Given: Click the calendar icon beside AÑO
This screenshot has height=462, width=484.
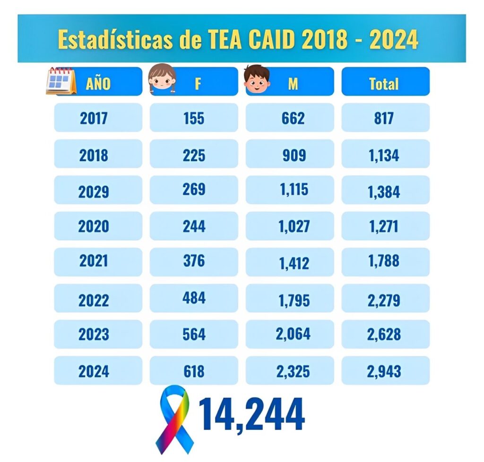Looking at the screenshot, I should pyautogui.click(x=61, y=81).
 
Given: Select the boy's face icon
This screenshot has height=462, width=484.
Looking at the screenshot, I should pyautogui.click(x=257, y=79).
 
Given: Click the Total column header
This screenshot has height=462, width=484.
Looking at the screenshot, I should pyautogui.click(x=385, y=83).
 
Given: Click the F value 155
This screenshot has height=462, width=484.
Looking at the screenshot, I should pyautogui.click(x=194, y=118).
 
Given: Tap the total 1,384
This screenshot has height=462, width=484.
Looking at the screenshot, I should pyautogui.click(x=385, y=192).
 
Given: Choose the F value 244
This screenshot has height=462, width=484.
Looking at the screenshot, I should pyautogui.click(x=194, y=227).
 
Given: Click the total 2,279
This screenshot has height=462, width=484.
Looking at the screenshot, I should pyautogui.click(x=385, y=300).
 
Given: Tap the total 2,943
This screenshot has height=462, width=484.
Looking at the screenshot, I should pyautogui.click(x=385, y=371).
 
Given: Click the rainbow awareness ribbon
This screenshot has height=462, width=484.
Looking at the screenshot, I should pyautogui.click(x=173, y=419).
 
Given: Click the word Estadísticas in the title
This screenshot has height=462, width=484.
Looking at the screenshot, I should pyautogui.click(x=115, y=40).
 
